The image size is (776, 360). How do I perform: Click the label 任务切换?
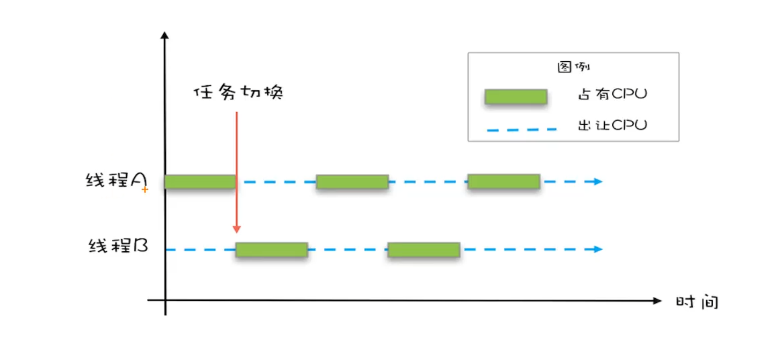[x=238, y=92]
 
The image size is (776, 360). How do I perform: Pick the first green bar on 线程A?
[x=200, y=181]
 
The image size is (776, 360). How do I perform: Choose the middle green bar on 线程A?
[x=352, y=181]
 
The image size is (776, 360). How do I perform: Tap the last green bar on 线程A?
[x=503, y=181]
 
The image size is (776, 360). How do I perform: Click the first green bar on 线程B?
[x=271, y=250]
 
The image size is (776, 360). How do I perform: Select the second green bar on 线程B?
[x=424, y=250]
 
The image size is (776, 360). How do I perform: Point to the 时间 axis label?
[x=697, y=302]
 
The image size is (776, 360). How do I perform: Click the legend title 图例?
[x=573, y=66]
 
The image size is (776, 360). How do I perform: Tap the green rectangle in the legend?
[x=516, y=96]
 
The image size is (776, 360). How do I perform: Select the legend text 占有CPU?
[x=612, y=95]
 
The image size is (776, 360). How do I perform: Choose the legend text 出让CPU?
[x=612, y=126]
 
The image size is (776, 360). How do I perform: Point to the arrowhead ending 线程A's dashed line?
[x=598, y=181]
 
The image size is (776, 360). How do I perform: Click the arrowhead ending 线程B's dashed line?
[x=598, y=250]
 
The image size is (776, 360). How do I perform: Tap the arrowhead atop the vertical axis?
[x=164, y=34]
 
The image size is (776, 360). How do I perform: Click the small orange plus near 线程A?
[x=144, y=190]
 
